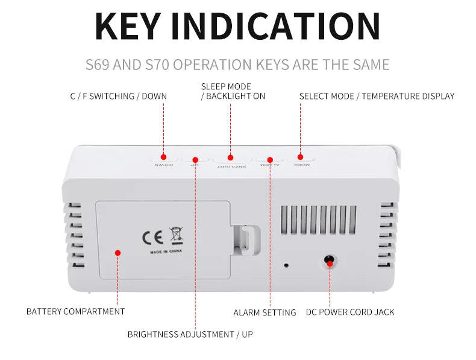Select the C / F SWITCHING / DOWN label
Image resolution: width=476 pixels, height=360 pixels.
click(118, 96)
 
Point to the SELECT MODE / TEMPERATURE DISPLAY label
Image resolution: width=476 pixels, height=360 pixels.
click(377, 96)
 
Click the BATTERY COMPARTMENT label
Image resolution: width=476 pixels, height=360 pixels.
click(75, 312)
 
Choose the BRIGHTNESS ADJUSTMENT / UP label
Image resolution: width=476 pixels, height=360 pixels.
click(190, 334)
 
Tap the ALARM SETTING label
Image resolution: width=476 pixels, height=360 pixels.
click(265, 312)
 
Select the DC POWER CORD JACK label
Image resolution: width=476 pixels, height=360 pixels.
click(349, 312)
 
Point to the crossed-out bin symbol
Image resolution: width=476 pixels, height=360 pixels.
click(176, 235)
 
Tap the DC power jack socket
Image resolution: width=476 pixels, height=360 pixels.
click(329, 261)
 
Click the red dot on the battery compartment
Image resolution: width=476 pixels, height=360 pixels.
click(117, 253)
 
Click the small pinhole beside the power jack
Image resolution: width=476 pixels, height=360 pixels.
click(286, 264)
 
